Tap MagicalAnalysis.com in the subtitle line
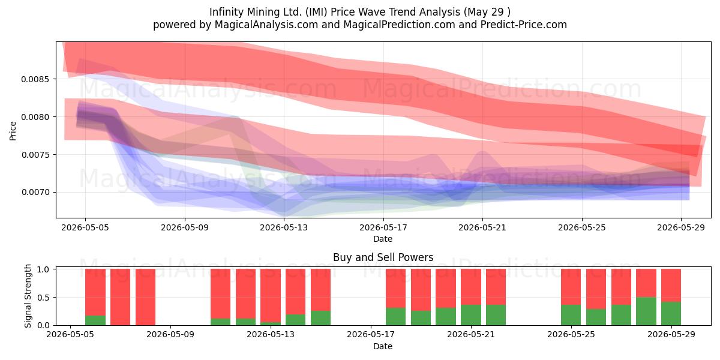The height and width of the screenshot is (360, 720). (266, 25)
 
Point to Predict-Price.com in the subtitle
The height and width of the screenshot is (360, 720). (524, 25)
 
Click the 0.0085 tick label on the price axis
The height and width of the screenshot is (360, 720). (35, 79)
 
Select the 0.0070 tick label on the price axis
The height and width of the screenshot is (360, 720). (35, 192)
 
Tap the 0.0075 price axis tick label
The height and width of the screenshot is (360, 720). (35, 155)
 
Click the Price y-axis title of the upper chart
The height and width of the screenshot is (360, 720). (13, 131)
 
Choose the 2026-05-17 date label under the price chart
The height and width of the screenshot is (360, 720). (383, 227)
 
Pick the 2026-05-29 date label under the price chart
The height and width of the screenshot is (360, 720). (681, 227)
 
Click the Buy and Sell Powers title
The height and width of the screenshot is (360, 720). (383, 257)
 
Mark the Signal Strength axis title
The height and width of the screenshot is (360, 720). (28, 296)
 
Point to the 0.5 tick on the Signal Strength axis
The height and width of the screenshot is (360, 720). (43, 298)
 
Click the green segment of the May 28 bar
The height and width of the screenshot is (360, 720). (646, 311)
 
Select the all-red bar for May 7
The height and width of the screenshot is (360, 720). (120, 297)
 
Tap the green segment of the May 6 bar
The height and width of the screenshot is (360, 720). (95, 320)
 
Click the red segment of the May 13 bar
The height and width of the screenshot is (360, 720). (271, 295)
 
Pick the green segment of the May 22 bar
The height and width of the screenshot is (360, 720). (496, 315)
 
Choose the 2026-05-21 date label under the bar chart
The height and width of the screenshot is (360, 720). (471, 334)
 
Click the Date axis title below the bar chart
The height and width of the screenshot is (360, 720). (383, 346)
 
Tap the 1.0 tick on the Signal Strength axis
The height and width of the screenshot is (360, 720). (43, 269)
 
